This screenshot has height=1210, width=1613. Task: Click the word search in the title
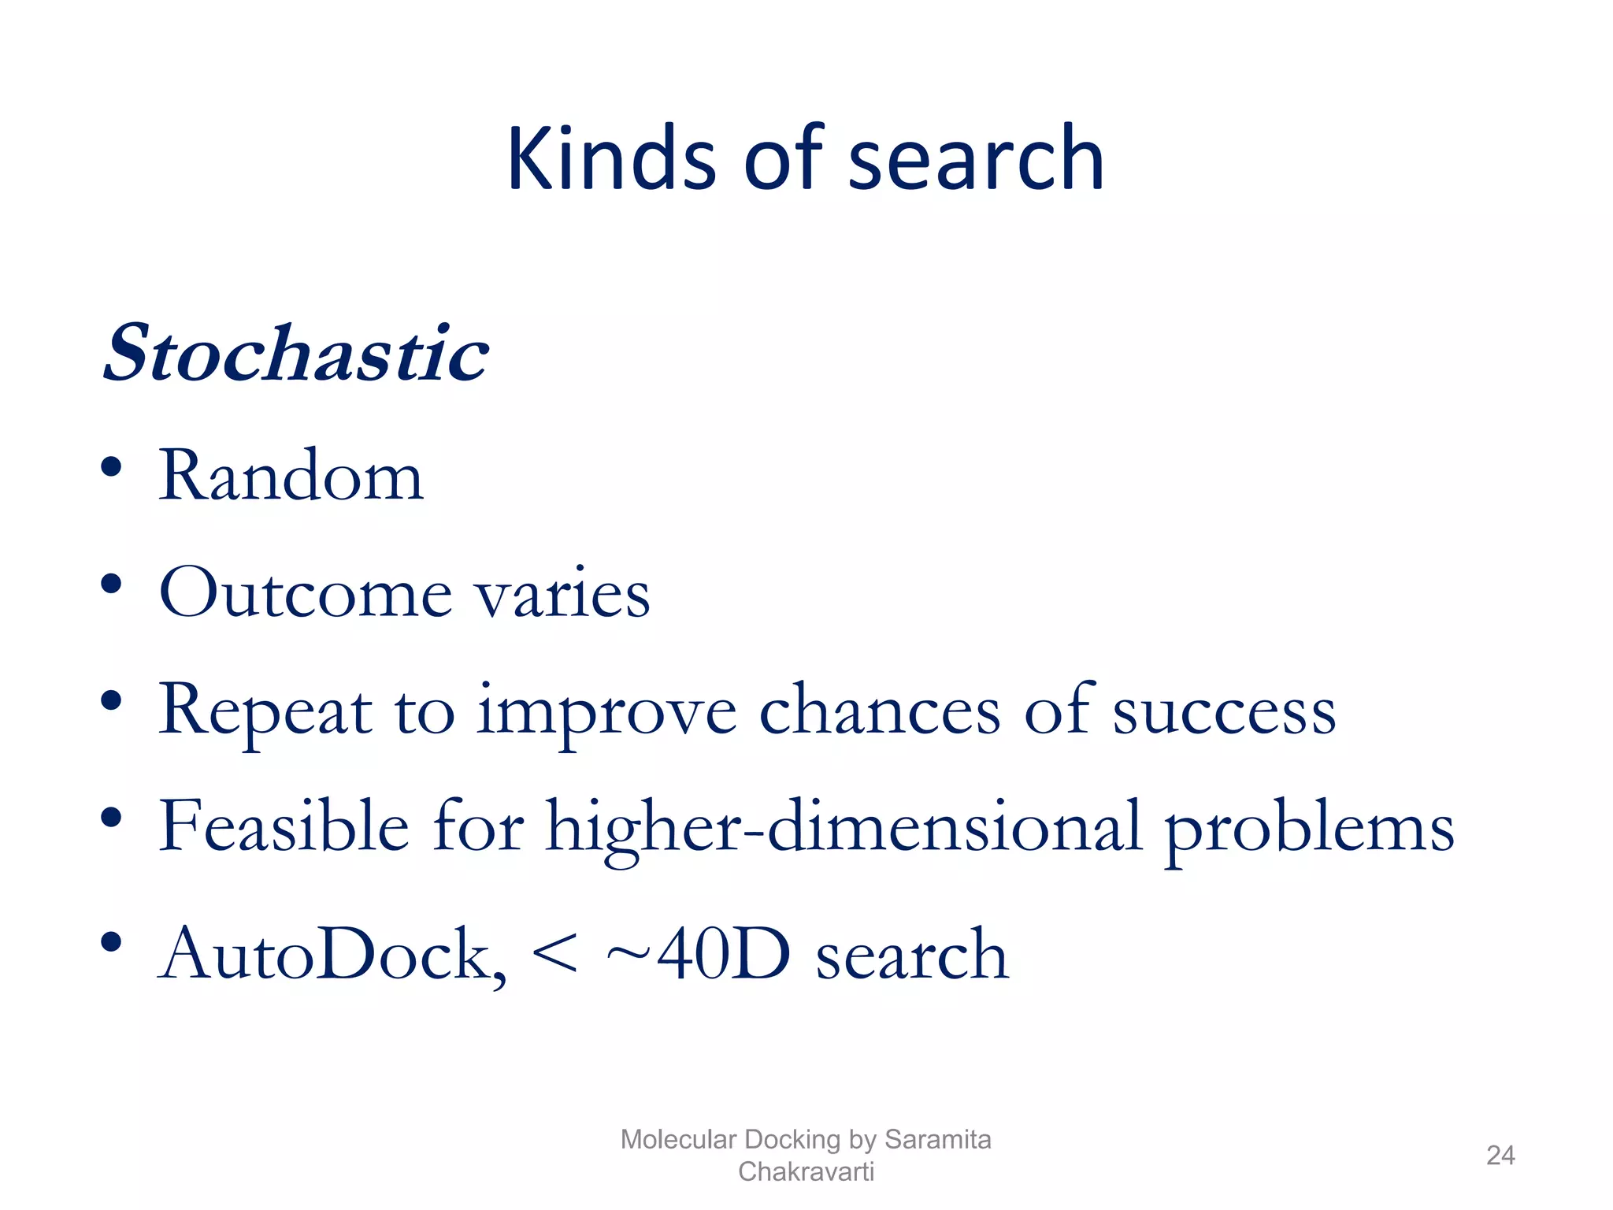pyautogui.click(x=976, y=160)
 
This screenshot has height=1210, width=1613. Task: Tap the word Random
pyautogui.click(x=291, y=476)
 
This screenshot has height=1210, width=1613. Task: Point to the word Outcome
pyautogui.click(x=306, y=592)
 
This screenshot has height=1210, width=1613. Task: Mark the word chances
pyautogui.click(x=879, y=709)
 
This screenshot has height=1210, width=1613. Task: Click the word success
pyautogui.click(x=1224, y=709)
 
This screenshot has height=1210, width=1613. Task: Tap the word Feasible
pyautogui.click(x=284, y=827)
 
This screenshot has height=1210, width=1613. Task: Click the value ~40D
pyautogui.click(x=698, y=953)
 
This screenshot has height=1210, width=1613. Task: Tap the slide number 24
pyautogui.click(x=1500, y=1155)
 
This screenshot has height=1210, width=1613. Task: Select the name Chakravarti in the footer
pyautogui.click(x=806, y=1171)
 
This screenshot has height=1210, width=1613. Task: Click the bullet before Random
pyautogui.click(x=111, y=466)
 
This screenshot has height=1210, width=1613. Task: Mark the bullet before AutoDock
pyautogui.click(x=111, y=942)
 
